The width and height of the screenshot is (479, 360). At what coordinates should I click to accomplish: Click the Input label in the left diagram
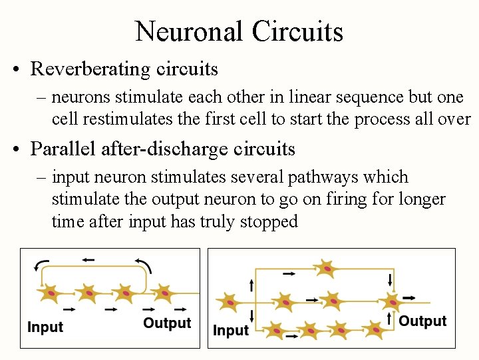(45, 327)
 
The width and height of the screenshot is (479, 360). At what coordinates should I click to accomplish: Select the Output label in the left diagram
(167, 324)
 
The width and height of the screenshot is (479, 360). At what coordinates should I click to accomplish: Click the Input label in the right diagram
(231, 330)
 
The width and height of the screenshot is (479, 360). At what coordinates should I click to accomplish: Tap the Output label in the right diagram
(422, 321)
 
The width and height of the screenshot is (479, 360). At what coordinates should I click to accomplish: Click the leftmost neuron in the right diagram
(230, 303)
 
